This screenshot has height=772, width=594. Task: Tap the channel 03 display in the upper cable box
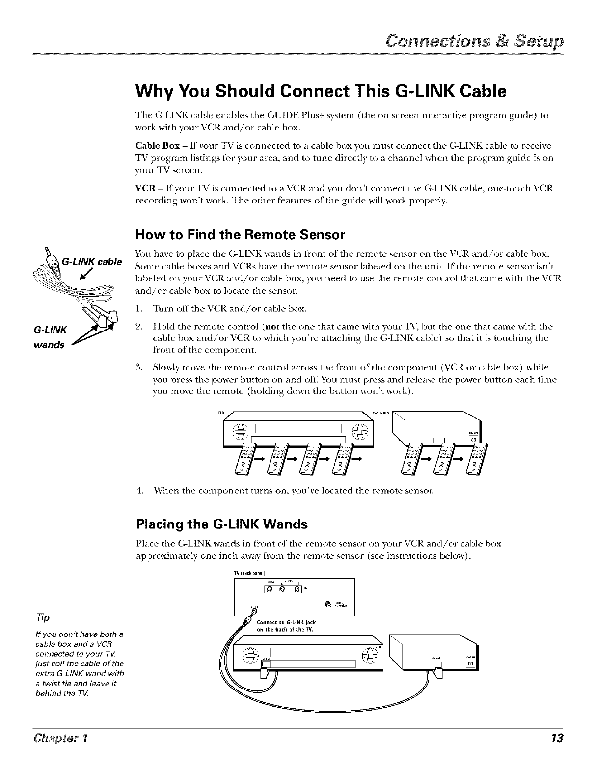(473, 439)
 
